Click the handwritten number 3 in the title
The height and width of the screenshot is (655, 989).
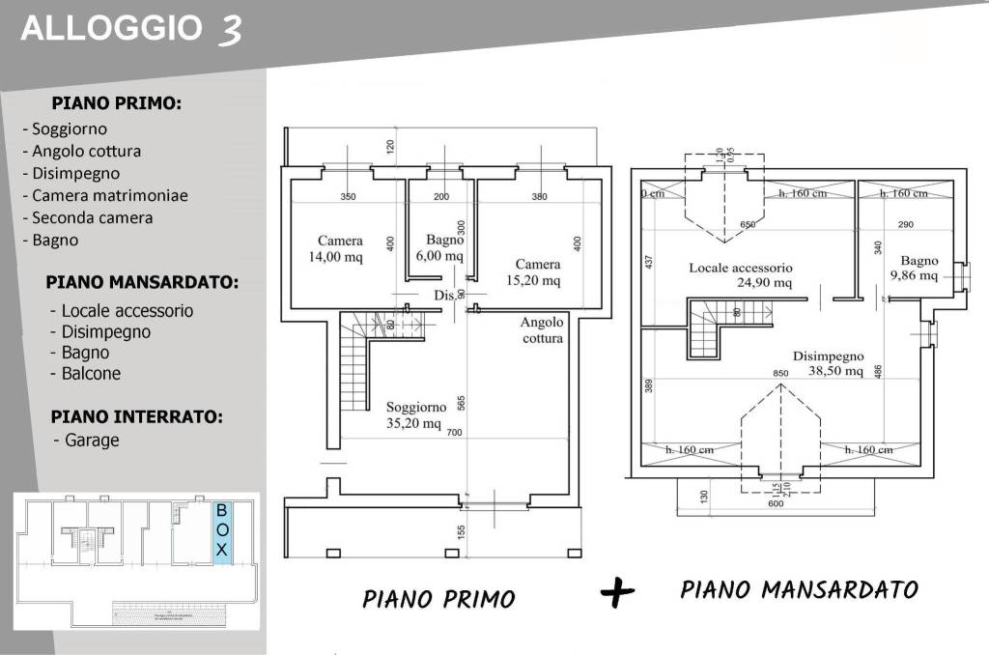pos(230,30)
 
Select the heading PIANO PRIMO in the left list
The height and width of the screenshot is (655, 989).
pos(117,102)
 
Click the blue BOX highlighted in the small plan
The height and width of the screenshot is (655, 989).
pos(221,530)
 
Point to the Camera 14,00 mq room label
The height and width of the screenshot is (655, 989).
pos(341,247)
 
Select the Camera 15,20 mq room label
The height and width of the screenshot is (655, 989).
pos(537,271)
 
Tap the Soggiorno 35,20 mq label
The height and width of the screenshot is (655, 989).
pos(413,414)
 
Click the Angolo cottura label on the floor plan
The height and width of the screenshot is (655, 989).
pos(541,330)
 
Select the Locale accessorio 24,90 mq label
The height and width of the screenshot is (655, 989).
pos(740,274)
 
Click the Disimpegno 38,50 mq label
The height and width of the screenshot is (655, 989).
pos(828,362)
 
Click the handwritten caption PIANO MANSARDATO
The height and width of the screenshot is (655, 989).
pos(798,589)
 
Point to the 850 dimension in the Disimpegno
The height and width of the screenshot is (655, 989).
pos(780,373)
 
